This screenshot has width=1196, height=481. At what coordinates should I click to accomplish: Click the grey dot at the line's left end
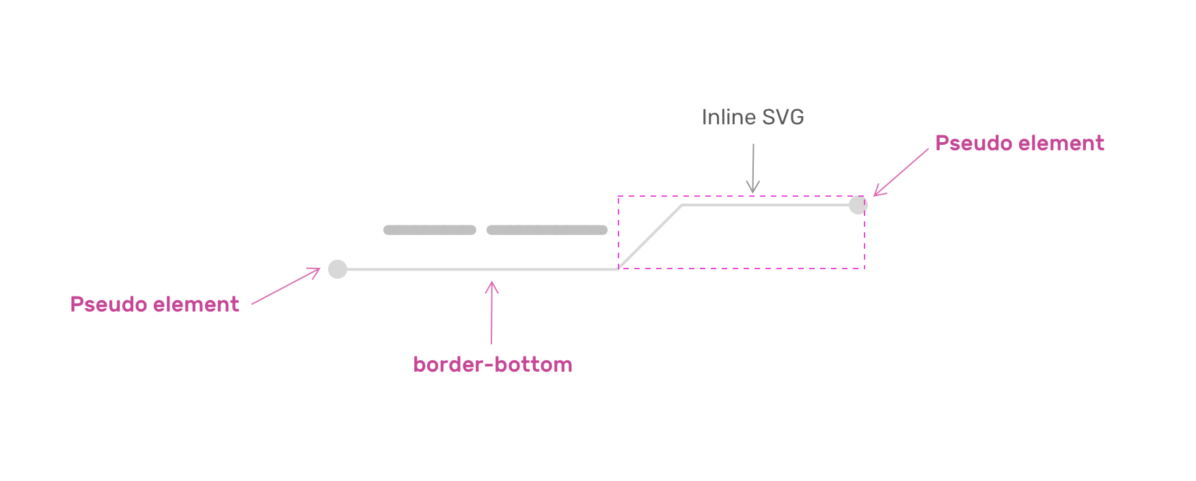tap(338, 269)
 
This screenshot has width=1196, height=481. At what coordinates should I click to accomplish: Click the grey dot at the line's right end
tap(858, 205)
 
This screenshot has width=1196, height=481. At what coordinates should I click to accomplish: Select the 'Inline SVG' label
tap(752, 118)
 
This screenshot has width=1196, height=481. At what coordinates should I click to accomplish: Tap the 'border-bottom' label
tap(492, 365)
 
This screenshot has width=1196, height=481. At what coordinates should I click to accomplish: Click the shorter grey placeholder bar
tap(429, 230)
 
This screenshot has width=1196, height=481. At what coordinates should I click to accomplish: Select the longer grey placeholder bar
tap(547, 230)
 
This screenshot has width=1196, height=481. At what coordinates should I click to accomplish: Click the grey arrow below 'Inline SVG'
tap(753, 168)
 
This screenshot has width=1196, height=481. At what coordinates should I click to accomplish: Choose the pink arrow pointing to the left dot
tap(286, 286)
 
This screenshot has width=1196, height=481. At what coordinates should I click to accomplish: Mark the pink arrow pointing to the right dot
tap(901, 172)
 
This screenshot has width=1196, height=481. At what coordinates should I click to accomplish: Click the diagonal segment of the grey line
tap(650, 237)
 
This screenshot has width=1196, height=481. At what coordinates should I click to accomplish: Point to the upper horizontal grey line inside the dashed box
tap(765, 204)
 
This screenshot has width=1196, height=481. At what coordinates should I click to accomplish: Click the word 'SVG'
tap(783, 118)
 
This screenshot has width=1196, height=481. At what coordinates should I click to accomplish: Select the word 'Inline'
tap(729, 118)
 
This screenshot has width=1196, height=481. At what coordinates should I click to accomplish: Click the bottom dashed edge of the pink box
tap(742, 269)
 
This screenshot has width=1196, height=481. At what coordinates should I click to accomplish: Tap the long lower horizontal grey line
tap(478, 269)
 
